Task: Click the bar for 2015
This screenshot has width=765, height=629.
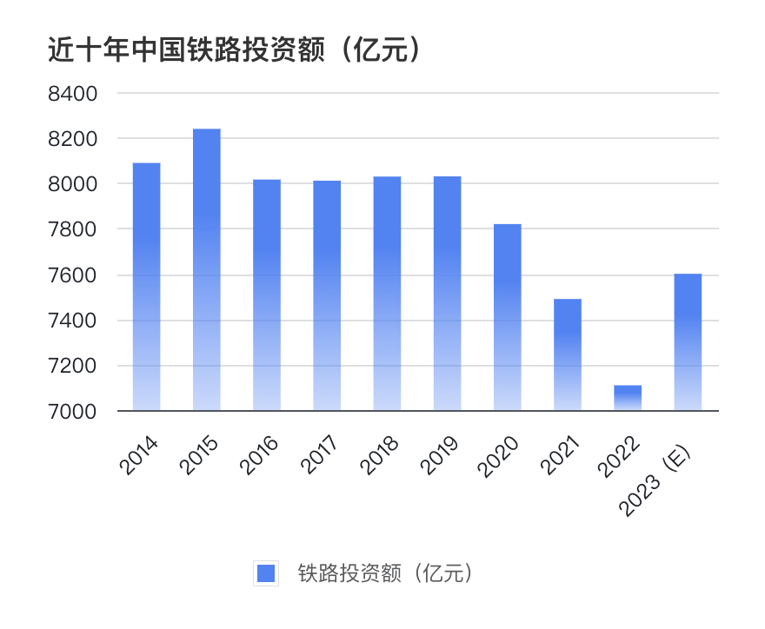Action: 206,269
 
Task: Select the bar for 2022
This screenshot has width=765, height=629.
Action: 628,398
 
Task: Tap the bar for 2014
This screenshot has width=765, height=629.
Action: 146,287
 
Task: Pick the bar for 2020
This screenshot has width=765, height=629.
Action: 508,317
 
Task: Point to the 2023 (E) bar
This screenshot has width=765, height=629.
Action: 688,342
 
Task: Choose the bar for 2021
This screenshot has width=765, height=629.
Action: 568,354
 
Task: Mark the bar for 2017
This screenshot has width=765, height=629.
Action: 327,295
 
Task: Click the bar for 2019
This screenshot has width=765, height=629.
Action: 447,294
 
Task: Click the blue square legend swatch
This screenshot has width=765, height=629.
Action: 266,573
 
